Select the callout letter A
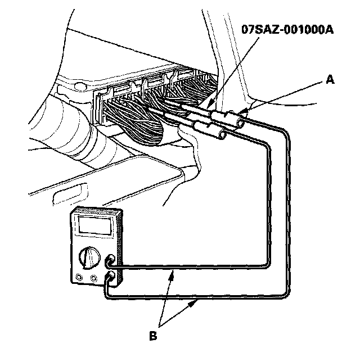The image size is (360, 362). pyautogui.click(x=331, y=80)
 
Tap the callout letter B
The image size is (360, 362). pyautogui.click(x=152, y=337)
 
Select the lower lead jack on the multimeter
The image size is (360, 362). pyautogui.click(x=111, y=275)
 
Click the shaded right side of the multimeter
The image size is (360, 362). pyautogui.click(x=118, y=247)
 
